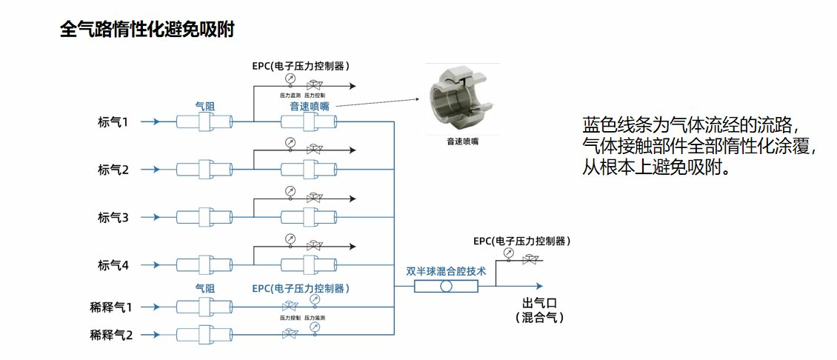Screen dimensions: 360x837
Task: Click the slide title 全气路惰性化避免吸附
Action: point(147,30)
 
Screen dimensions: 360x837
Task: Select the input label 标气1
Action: point(113,121)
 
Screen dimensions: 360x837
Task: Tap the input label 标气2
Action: point(113,170)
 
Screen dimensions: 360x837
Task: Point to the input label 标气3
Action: point(113,217)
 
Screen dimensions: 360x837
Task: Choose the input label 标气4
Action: point(113,264)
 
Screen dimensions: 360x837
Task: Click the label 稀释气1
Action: point(111,306)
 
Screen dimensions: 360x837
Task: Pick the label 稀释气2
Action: point(111,334)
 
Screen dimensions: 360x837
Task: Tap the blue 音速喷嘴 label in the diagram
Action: point(310,107)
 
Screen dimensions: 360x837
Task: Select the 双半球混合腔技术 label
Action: point(446,271)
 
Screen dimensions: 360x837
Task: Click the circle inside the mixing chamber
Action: point(446,286)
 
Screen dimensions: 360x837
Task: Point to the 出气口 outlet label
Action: point(539,303)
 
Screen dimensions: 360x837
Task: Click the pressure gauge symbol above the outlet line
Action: point(508,253)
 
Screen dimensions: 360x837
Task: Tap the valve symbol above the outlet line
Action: point(530,260)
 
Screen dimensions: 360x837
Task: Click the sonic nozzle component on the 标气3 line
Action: point(309,217)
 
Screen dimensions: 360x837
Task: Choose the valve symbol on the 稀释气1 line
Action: point(290,306)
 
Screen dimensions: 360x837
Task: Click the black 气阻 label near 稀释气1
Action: point(205,288)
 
